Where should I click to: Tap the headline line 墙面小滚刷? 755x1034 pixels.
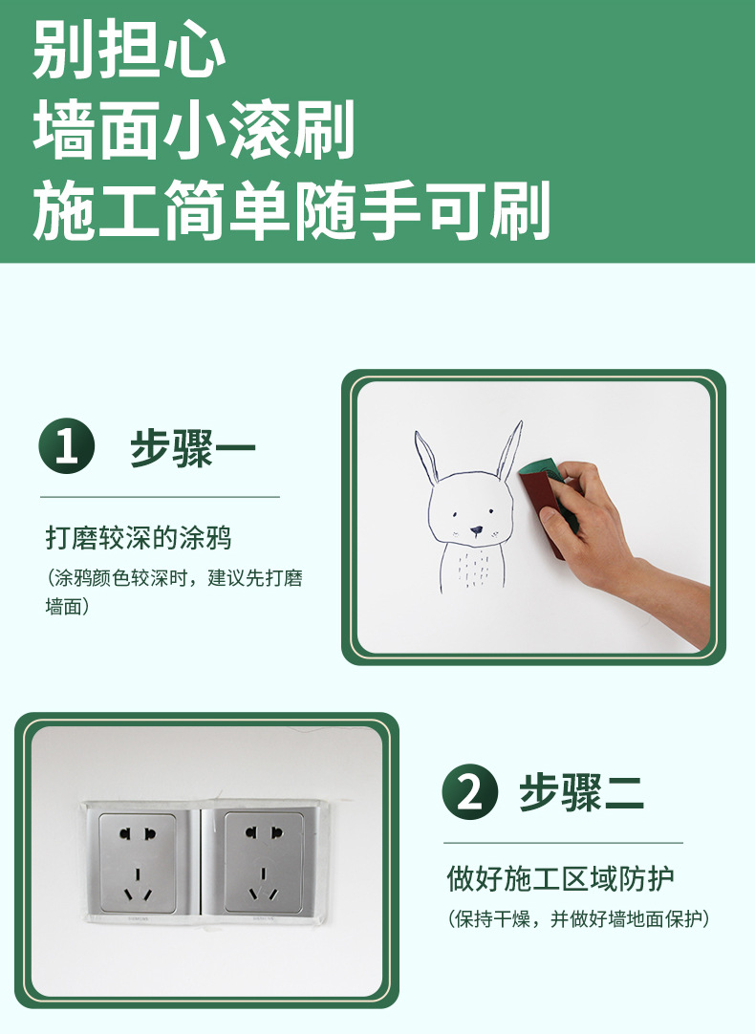click(195, 130)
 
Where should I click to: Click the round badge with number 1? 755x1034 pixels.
click(67, 446)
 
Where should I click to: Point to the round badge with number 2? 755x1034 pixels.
click(469, 792)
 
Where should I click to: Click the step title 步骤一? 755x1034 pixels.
click(192, 448)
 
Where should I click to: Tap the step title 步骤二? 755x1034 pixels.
click(581, 792)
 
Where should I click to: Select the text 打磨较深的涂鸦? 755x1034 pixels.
click(139, 538)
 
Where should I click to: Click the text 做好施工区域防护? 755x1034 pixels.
click(560, 879)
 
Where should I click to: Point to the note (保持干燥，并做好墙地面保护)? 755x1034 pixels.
click(578, 918)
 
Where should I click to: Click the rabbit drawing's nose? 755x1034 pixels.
click(476, 529)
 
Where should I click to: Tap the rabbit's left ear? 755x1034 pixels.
click(426, 458)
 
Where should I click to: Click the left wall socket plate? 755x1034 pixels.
click(138, 863)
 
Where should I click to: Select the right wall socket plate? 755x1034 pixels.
click(264, 863)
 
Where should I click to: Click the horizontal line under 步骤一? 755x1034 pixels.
click(161, 497)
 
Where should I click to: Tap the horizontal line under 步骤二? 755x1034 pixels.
click(563, 843)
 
